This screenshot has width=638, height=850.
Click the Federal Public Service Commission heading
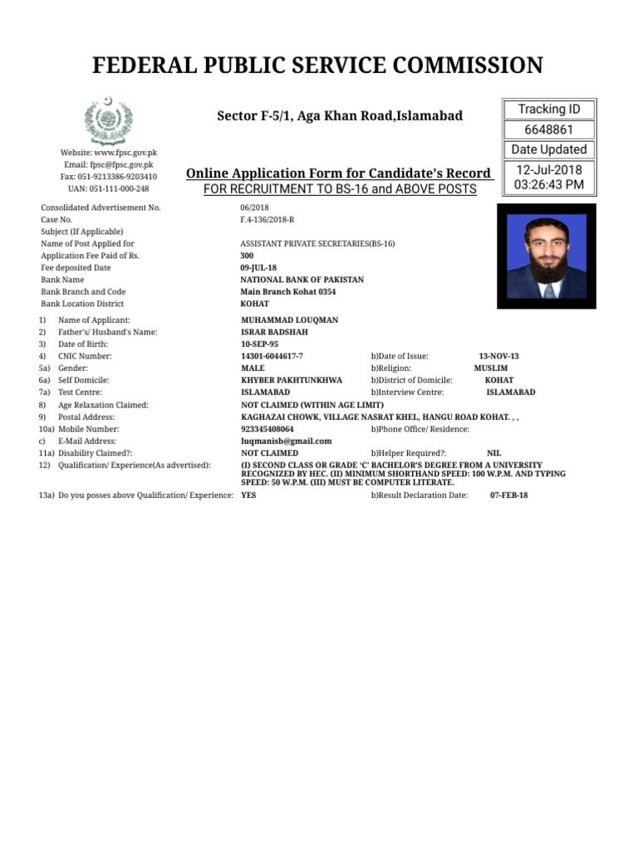tap(318, 65)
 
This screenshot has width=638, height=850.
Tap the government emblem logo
tap(107, 121)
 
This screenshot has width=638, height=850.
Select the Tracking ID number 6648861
tap(548, 129)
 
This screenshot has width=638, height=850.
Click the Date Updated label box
tap(548, 149)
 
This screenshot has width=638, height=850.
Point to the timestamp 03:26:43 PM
tap(548, 184)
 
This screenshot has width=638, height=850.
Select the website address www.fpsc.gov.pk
tap(109, 154)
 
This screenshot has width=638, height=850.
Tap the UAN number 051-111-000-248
tap(109, 188)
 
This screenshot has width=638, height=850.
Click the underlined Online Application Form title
tap(338, 173)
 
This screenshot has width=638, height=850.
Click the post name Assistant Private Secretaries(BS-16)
tap(317, 244)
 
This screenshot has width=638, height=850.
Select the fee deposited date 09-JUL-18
tap(259, 268)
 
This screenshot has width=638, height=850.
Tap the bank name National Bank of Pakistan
tap(302, 281)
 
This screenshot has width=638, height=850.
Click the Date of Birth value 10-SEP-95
tap(259, 344)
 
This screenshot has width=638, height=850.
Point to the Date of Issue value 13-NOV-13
tap(498, 356)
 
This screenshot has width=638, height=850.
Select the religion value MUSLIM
tap(491, 368)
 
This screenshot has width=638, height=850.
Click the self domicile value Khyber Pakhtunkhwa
tap(291, 380)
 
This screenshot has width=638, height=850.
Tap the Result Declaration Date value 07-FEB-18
tap(509, 495)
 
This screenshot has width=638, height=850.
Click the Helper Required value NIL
tap(493, 454)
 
